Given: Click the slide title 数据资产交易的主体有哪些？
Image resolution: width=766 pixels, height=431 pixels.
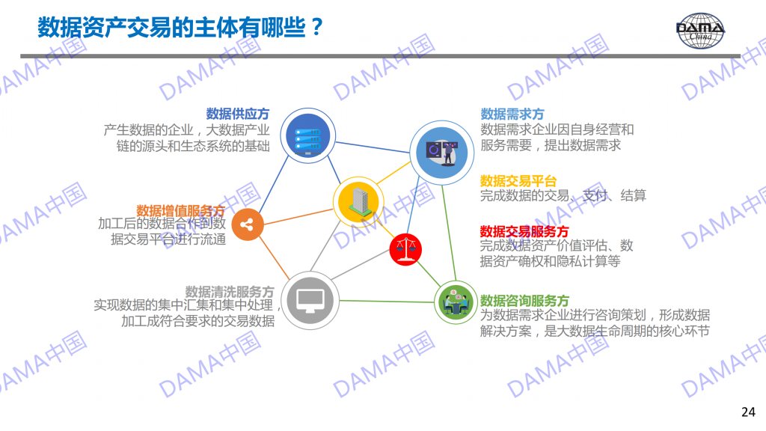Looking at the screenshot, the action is point(180,28).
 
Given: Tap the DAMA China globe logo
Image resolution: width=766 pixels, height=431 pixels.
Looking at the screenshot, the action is point(700,30).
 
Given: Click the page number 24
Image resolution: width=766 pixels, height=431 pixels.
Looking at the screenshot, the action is point(748,412).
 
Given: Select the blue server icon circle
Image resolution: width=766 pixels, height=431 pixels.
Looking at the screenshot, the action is point(307,135).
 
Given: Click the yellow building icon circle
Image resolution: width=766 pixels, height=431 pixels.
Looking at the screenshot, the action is point(358,202).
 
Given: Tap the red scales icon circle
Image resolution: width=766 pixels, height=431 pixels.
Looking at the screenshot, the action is point(405,249).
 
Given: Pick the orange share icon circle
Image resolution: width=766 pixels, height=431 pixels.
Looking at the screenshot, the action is point(247,224).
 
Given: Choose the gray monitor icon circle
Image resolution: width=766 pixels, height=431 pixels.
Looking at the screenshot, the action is point(310,300).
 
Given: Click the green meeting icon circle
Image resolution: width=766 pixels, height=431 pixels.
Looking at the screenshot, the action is point(456,302).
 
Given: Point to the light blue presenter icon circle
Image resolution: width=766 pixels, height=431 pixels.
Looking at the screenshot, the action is point(441,153).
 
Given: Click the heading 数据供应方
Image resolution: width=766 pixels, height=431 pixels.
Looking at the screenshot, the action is point(237,114).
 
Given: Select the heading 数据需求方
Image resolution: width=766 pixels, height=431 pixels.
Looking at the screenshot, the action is point(512,114).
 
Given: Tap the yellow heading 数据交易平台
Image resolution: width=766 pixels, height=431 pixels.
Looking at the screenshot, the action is point(518,181).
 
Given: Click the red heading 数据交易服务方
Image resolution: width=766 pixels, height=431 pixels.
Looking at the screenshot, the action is point(524,231).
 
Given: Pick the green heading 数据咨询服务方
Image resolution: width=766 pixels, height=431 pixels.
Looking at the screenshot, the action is point(524,301).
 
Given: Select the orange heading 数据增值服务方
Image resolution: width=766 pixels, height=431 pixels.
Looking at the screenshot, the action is point(180,210).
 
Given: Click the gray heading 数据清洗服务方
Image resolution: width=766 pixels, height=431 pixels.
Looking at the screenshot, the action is point(230,292).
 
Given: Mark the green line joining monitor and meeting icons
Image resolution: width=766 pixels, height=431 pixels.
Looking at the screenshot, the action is point(387,301).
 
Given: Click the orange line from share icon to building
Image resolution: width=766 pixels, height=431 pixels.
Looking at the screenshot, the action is point(298,217).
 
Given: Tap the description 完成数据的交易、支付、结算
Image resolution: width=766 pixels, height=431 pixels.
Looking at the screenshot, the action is point(563,196).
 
